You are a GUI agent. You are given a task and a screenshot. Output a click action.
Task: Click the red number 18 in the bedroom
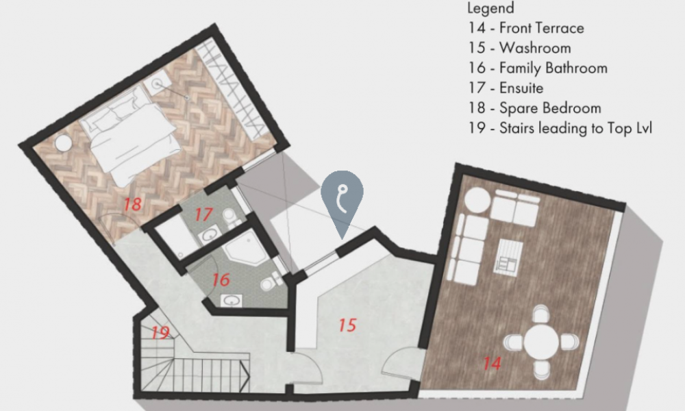132,204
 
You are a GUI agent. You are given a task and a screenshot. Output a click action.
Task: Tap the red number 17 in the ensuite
203,214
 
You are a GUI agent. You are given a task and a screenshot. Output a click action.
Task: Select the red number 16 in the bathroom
221,280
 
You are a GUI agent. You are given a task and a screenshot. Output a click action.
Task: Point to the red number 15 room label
347,325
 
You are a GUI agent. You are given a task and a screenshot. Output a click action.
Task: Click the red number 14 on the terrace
491,363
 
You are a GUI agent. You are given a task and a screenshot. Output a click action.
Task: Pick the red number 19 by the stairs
160,333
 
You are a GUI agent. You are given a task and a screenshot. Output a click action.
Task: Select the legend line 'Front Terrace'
526,28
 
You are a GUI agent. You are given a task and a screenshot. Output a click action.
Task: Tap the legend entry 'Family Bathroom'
538,68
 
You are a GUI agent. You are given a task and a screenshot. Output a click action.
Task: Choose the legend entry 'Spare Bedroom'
535,108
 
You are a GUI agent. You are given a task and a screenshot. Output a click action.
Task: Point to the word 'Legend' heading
490,8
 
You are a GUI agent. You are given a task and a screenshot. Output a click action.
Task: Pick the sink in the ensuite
210,234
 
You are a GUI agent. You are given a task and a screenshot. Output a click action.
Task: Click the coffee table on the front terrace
508,258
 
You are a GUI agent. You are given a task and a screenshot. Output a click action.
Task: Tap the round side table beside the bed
63,143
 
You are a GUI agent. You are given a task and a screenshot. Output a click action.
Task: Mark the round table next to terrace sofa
477,201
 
